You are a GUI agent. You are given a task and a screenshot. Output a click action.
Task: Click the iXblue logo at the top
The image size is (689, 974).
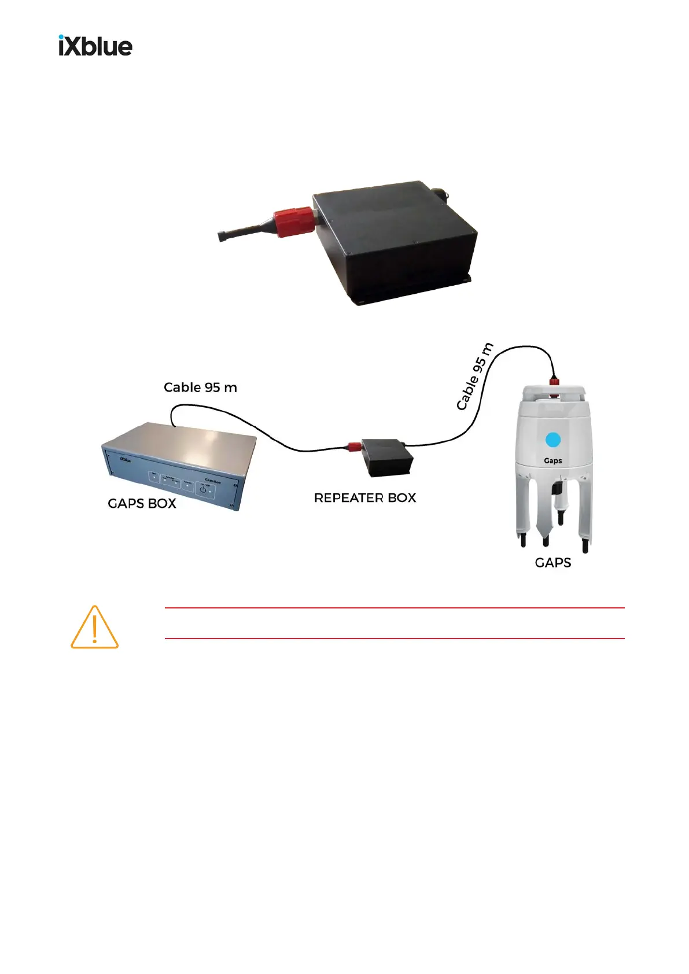coord(95,46)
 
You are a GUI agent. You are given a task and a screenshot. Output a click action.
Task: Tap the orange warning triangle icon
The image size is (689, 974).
coord(94,628)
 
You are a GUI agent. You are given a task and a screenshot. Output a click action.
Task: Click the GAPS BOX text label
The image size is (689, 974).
coord(142,503)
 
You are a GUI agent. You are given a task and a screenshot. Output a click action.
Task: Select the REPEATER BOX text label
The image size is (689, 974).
coord(364,498)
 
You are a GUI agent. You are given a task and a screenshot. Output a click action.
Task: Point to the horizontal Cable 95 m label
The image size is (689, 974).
coord(200,388)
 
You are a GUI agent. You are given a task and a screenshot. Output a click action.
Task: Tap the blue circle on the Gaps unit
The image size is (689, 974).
coord(553,440)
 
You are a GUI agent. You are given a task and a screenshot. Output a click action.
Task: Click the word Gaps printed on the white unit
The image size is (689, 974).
coord(553,461)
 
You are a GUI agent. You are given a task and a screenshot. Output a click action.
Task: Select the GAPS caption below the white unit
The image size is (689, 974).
coord(552,563)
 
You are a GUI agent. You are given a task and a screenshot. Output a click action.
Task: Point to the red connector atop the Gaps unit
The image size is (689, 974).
coord(554,382)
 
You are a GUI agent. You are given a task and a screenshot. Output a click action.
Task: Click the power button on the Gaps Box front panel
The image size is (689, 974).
coord(203,490)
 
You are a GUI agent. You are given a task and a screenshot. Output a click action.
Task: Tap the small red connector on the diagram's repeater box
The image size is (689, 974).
coord(352,446)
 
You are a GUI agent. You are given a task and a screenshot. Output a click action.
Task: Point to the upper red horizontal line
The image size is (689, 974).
coord(395,608)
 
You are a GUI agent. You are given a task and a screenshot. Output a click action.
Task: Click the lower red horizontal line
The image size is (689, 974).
coord(395,639)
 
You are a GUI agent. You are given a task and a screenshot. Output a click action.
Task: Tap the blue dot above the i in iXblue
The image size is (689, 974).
coord(62,38)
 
